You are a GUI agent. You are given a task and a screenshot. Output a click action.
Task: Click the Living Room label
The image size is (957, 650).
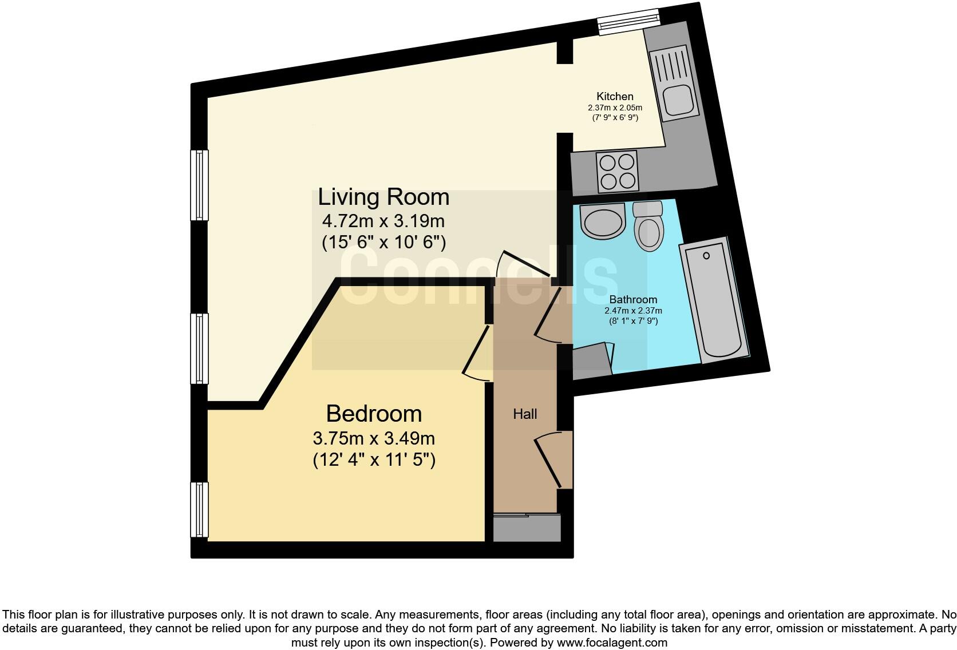click(x=383, y=197)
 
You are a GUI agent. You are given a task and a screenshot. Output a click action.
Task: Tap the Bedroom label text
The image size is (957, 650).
click(x=374, y=414)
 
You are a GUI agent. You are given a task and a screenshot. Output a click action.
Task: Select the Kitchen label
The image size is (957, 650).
click(x=615, y=96)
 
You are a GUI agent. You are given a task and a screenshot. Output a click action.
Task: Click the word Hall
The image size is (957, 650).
click(x=524, y=414)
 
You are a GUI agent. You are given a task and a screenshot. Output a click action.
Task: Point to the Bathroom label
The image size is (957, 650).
click(x=633, y=299)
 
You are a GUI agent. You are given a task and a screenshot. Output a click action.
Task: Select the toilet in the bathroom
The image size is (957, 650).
click(x=648, y=228)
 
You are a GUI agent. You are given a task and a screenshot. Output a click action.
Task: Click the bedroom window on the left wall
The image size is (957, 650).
click(x=199, y=509)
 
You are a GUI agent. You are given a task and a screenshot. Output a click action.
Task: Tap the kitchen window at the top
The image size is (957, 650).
click(x=628, y=22)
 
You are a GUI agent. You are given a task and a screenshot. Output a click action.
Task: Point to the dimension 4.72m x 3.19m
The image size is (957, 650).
click(x=383, y=221)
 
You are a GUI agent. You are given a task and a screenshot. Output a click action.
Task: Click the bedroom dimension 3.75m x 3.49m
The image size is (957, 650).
click(x=374, y=439)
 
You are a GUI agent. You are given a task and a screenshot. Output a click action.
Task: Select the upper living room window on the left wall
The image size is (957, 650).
click(x=199, y=184)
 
